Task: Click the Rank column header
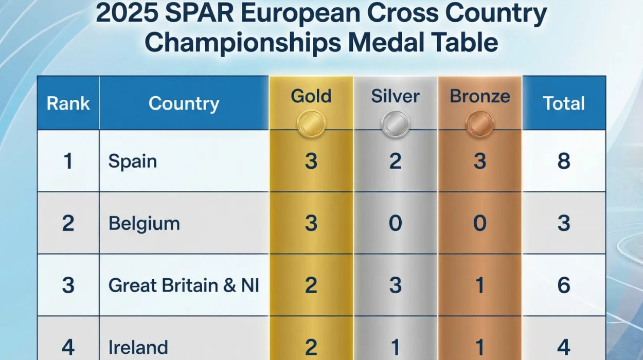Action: (x=68, y=103)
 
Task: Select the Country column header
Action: (x=184, y=103)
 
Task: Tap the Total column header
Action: (x=564, y=103)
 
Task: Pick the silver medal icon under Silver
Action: (x=395, y=123)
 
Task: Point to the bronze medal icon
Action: (x=479, y=123)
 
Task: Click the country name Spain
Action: (x=132, y=161)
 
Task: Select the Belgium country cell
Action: (x=144, y=224)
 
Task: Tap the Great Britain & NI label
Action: (x=184, y=285)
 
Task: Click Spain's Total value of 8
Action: (x=564, y=161)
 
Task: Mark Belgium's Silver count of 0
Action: (x=395, y=224)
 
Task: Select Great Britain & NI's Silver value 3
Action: (x=395, y=285)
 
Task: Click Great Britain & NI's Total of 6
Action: (x=564, y=285)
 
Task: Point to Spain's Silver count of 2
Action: (x=395, y=161)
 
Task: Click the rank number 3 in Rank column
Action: (x=68, y=285)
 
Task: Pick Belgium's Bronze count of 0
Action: (x=479, y=224)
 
